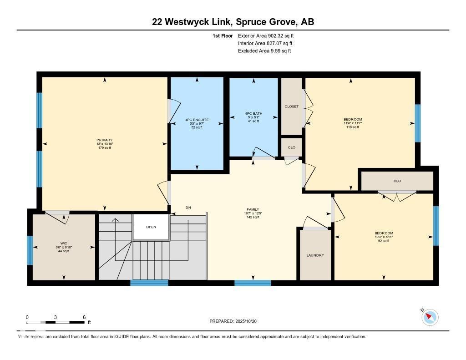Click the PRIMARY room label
coord(104,140)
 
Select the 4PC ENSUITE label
coord(197,120)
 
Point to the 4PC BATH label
coord(253,114)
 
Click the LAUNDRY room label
coord(315,255)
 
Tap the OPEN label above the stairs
coord(151,227)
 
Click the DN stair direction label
coord(188,208)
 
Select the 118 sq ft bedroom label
coord(353,120)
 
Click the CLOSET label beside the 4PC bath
coord(292,106)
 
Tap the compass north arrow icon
coord(430,317)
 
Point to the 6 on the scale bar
coord(84,317)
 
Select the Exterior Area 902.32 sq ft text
coord(269,35)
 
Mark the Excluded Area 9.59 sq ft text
coord(264,51)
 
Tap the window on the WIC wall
coord(30,250)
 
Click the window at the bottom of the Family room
coord(253,283)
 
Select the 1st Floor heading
coord(223,35)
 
